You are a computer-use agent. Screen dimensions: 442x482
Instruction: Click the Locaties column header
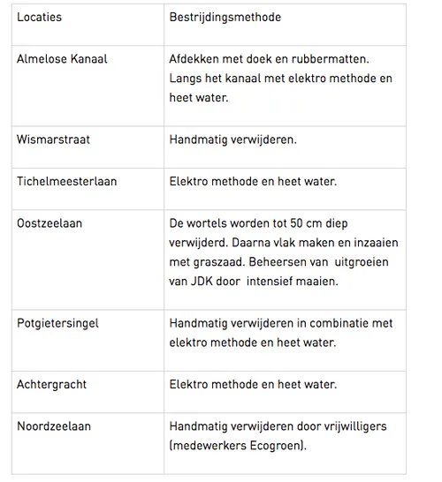(39, 17)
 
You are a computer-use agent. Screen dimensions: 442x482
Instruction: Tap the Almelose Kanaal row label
(62, 59)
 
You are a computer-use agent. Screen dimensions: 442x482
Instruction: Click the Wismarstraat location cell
(53, 139)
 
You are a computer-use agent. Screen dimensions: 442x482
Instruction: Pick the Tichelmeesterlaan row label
(66, 181)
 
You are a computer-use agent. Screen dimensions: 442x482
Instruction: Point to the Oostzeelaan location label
(50, 223)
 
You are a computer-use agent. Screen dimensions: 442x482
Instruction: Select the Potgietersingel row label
(57, 323)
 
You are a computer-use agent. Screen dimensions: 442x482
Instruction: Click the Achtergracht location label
(53, 384)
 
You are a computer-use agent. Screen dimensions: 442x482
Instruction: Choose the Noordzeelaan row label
(54, 426)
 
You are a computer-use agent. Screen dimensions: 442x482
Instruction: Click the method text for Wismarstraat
(232, 139)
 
